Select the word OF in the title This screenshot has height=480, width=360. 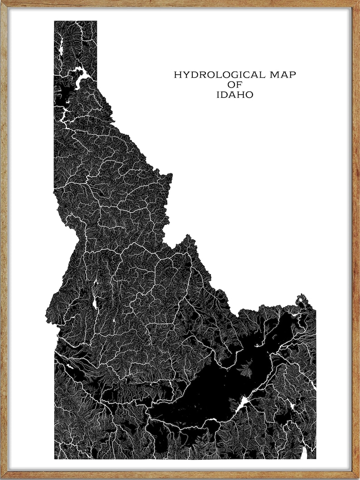click(x=235, y=85)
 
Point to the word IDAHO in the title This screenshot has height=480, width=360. click(x=235, y=95)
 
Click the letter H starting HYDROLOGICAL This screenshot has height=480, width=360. click(x=178, y=75)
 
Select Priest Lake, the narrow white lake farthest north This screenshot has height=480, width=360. click(x=61, y=45)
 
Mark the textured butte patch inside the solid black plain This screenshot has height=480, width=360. click(x=247, y=370)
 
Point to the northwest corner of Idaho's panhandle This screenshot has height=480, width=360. click(x=55, y=21)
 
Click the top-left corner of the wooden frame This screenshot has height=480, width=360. click(x=2, y=2)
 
